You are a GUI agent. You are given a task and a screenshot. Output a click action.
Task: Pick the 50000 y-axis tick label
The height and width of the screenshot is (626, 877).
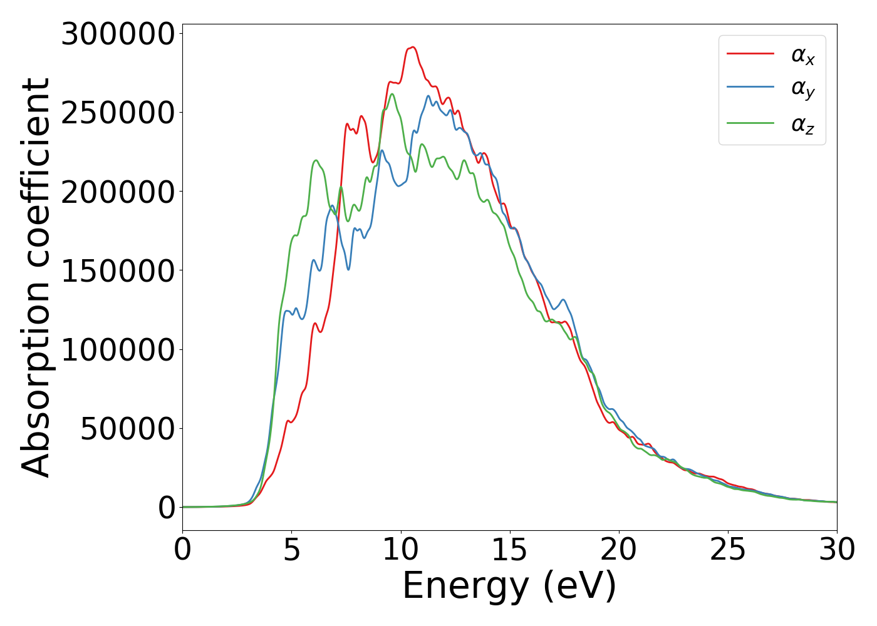(127, 429)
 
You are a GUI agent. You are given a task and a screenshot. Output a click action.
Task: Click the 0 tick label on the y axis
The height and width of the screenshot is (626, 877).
(167, 508)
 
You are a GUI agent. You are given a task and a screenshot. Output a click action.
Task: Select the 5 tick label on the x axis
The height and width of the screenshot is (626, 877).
(291, 550)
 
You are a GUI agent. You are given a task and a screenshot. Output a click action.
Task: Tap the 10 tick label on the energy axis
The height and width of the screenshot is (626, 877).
(400, 550)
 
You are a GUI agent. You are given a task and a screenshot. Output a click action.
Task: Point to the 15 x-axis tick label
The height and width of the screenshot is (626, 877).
(509, 550)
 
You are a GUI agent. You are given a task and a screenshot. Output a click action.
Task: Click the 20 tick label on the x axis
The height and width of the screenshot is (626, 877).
(619, 550)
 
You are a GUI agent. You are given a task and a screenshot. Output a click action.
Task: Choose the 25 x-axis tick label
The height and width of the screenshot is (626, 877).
(728, 550)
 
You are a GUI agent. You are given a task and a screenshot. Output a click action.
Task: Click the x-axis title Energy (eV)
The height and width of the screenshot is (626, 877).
(509, 587)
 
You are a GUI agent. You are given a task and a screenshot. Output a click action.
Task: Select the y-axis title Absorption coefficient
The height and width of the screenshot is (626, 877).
(36, 277)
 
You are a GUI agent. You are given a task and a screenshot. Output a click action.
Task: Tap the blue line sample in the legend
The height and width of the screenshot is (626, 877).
(750, 88)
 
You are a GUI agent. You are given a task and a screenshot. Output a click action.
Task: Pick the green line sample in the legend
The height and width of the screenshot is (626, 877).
(750, 123)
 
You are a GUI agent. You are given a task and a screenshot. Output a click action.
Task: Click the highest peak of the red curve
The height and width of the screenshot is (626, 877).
(412, 47)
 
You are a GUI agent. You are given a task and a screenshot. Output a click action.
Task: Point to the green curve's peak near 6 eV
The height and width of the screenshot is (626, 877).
(316, 160)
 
